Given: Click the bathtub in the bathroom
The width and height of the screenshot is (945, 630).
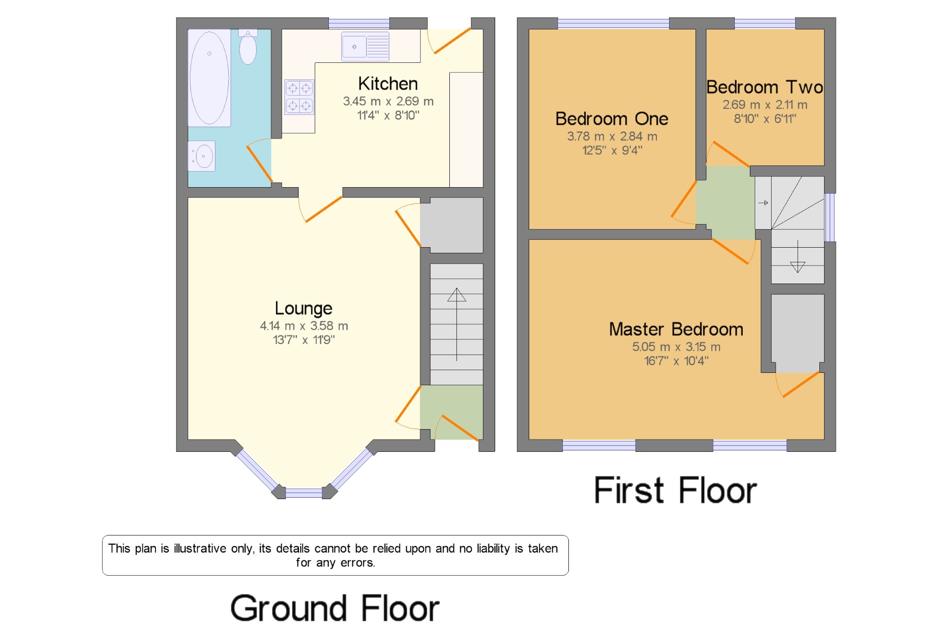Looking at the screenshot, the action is click(209, 78).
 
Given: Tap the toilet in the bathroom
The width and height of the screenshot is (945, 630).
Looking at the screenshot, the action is click(248, 47).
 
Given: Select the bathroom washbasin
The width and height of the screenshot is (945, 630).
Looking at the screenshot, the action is click(202, 156).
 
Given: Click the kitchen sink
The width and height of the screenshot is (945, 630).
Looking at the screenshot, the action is click(365, 47).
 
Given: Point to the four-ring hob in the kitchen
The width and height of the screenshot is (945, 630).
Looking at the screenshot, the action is click(299, 97).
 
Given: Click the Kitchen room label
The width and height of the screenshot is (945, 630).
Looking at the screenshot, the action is click(388, 84).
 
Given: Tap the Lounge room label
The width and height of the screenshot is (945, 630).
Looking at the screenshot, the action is click(303, 308).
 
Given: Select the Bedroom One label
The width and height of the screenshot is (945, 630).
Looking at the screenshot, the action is click(612, 119).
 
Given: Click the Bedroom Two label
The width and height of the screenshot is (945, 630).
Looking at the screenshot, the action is click(765, 87).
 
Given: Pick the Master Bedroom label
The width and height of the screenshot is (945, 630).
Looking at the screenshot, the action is click(676, 329).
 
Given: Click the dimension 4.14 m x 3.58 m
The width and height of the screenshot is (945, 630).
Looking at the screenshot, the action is click(304, 326).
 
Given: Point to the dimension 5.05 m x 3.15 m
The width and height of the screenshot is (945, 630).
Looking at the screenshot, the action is click(676, 347).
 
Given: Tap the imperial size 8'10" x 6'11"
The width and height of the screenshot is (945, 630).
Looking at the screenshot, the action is click(765, 119).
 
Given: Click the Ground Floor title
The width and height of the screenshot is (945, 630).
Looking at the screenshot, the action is click(335, 608).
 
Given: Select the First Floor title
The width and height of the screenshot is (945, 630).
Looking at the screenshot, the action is click(675, 490).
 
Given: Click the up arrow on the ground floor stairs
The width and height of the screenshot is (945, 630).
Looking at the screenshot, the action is click(456, 324).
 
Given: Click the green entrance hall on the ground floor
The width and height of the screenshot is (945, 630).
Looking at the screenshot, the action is click(451, 412).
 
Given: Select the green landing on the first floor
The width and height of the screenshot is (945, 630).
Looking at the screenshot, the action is click(725, 202).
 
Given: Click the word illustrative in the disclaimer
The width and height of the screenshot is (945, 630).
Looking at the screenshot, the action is click(199, 548).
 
